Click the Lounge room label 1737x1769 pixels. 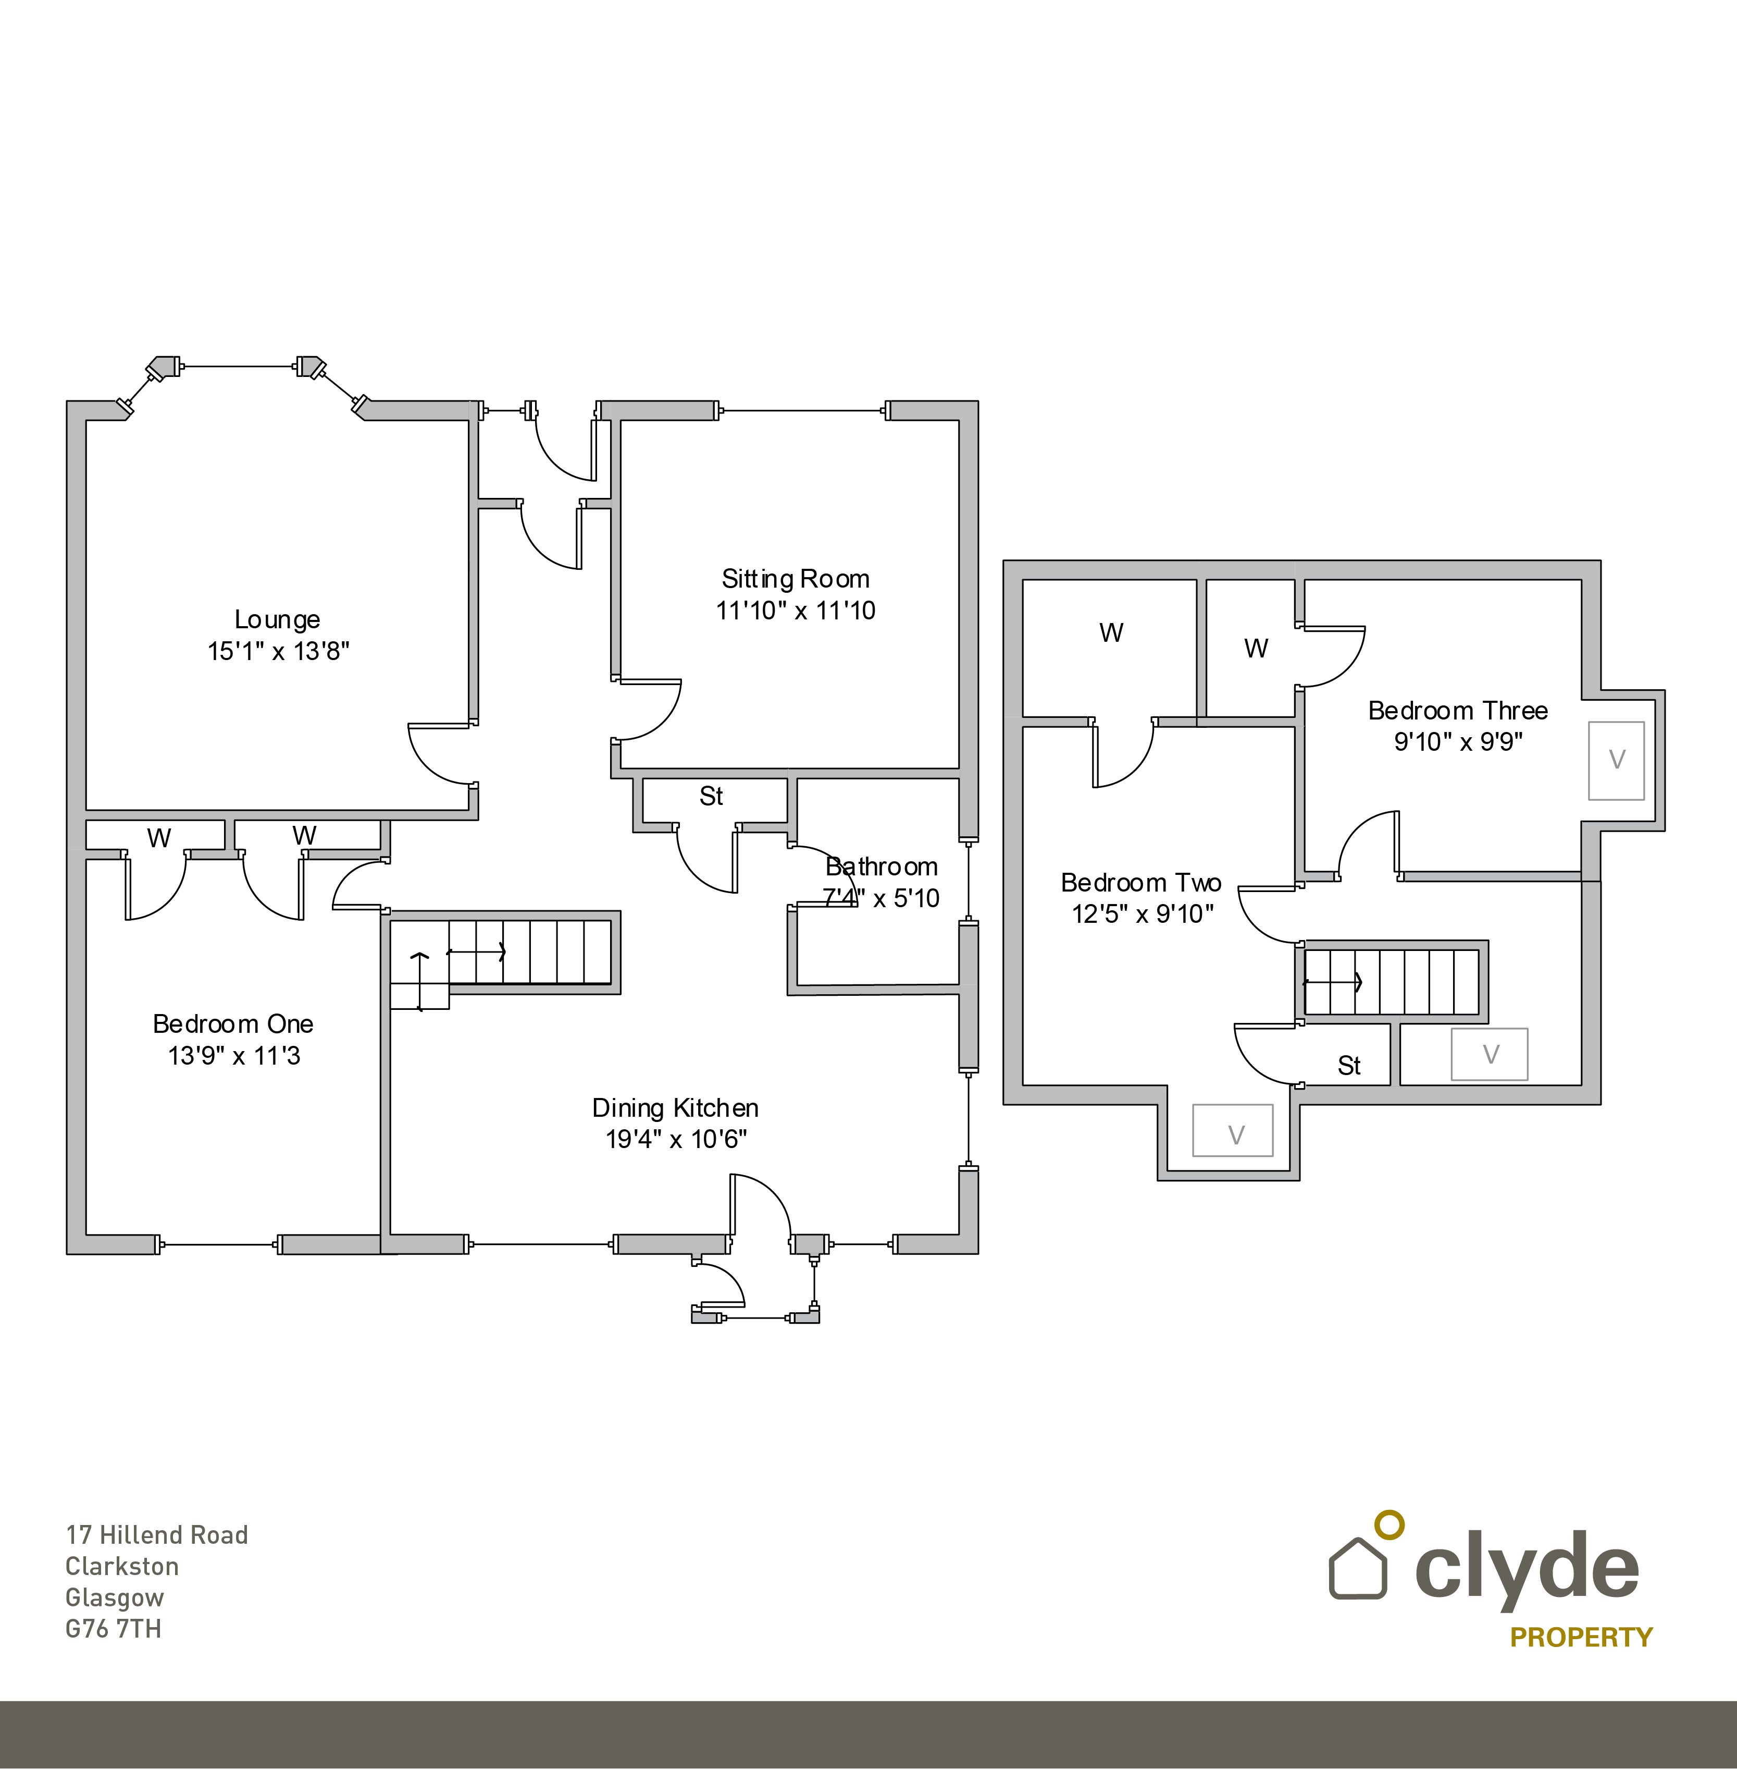point(277,620)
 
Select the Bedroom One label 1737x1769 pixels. point(233,1024)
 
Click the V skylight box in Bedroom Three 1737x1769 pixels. point(1616,760)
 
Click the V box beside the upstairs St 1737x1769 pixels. point(1489,1054)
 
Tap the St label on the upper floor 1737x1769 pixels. point(1348,1065)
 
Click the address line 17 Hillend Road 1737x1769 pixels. point(157,1535)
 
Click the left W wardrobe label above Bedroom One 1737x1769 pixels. point(159,838)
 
